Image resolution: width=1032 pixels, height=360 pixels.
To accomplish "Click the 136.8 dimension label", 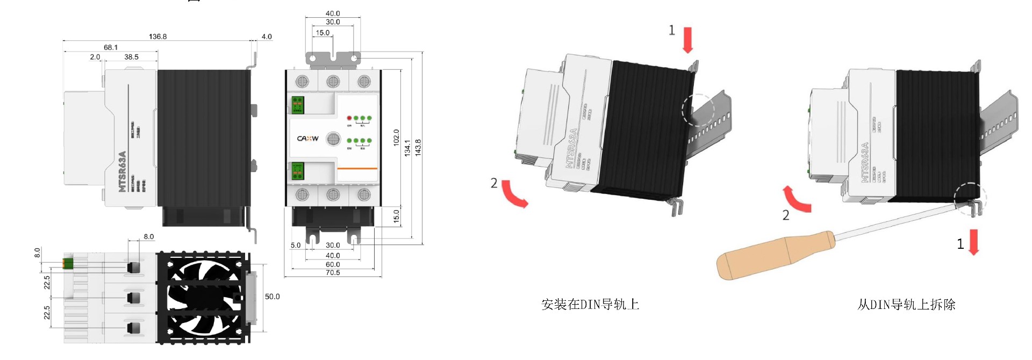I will click(x=157, y=37).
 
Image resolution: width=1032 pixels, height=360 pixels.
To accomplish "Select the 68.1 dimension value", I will click(x=111, y=47).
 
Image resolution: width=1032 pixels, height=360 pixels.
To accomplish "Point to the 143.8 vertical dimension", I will click(x=418, y=147).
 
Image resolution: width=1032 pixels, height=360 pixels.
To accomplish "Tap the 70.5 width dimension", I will click(x=333, y=273).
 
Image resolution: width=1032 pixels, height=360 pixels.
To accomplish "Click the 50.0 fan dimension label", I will click(x=272, y=297).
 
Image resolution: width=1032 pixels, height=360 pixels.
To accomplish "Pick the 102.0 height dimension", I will click(x=396, y=138).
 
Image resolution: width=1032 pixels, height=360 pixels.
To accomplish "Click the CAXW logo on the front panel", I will click(x=307, y=139).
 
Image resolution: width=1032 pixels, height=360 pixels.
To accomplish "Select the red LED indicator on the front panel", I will click(x=349, y=118).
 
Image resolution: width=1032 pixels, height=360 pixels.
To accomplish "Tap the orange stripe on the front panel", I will click(x=357, y=168).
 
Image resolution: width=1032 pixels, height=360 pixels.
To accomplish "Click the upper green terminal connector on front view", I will click(x=297, y=105).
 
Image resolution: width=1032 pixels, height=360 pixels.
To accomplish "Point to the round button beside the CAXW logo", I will click(x=333, y=139).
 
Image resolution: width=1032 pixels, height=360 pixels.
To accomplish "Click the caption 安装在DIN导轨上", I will click(x=590, y=305).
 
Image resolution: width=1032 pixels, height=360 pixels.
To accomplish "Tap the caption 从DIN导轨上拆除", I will click(x=906, y=305).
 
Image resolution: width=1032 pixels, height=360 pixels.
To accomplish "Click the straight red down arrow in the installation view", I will click(x=687, y=41).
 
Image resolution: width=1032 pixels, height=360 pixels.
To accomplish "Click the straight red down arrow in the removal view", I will click(x=973, y=242).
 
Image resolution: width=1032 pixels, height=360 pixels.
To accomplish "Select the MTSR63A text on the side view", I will click(x=122, y=171).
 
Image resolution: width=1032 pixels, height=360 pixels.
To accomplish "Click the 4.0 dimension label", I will click(x=267, y=37).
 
